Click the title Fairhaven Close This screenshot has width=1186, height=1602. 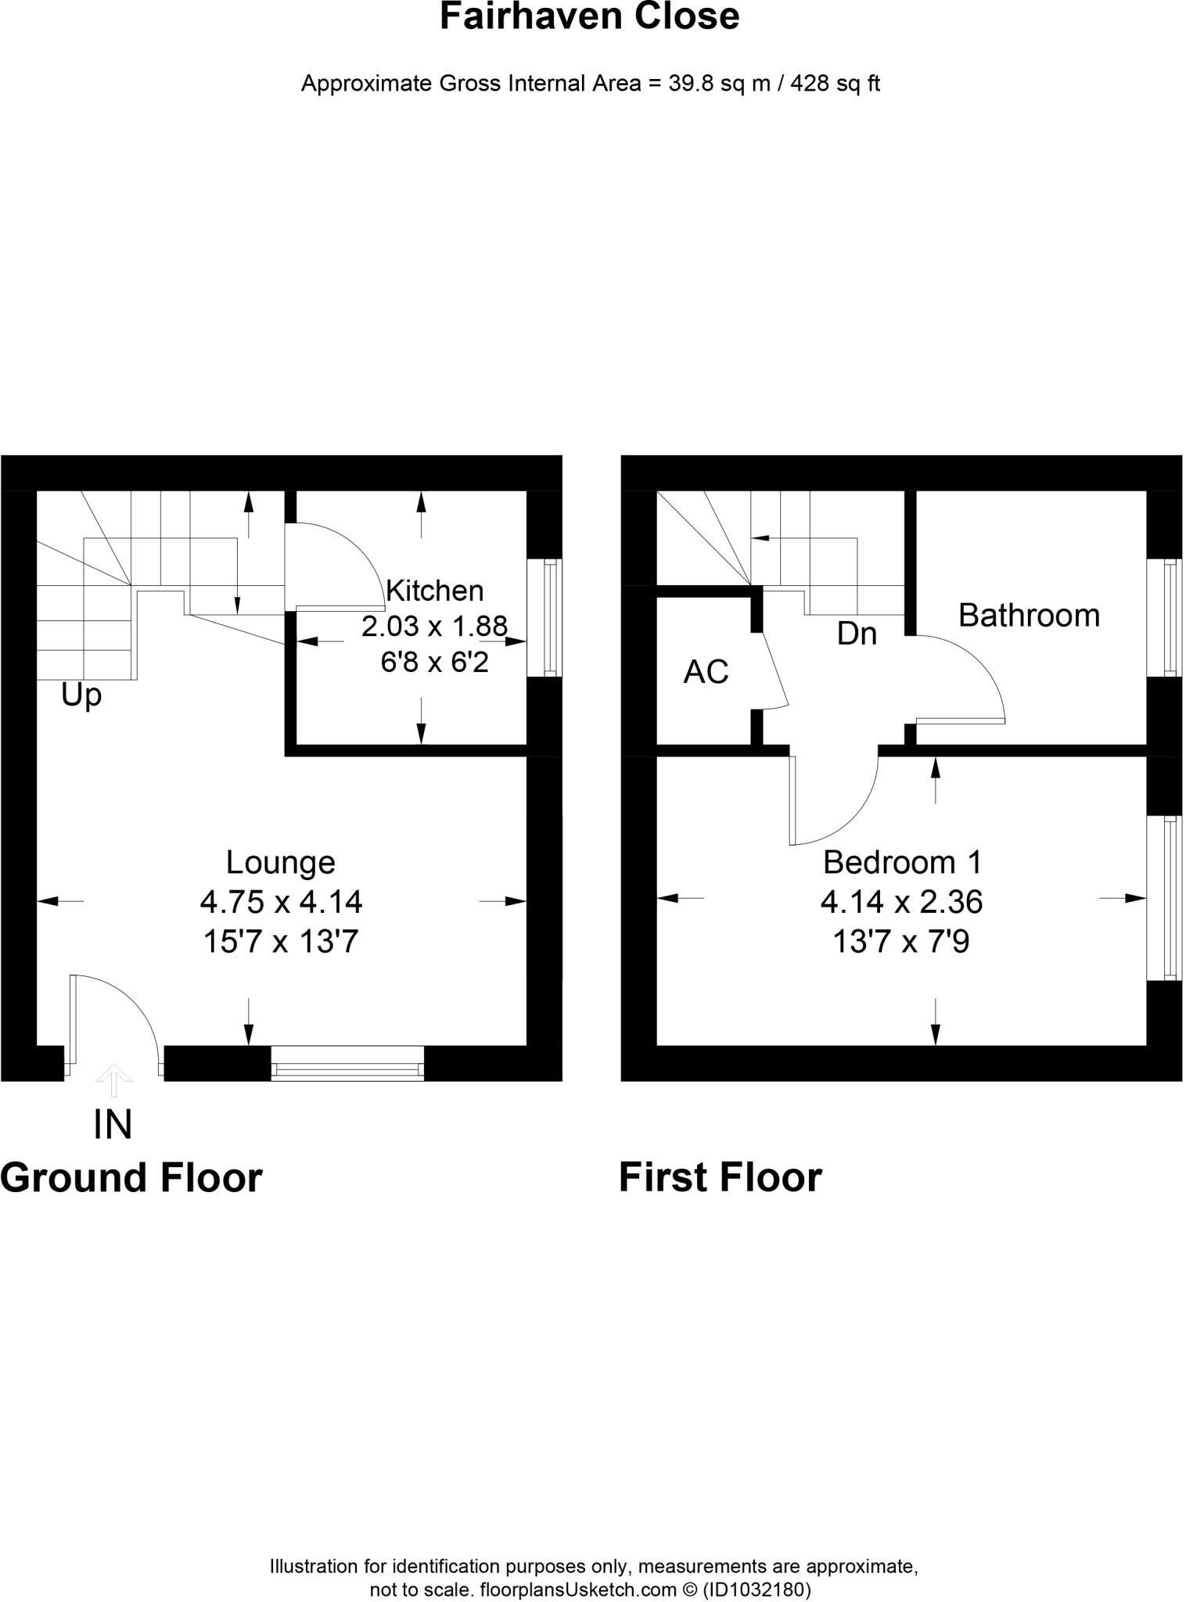click(589, 17)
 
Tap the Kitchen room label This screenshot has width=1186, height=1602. click(435, 591)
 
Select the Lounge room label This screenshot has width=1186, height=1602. click(280, 863)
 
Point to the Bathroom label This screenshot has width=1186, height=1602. click(1029, 616)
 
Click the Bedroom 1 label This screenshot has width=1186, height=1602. click(901, 863)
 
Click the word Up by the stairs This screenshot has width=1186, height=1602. click(81, 695)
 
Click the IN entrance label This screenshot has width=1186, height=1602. click(113, 1125)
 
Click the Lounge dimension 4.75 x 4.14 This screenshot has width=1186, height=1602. click(281, 903)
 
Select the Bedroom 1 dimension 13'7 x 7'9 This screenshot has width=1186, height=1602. click(901, 943)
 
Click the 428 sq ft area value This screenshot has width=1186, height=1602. click(835, 84)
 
